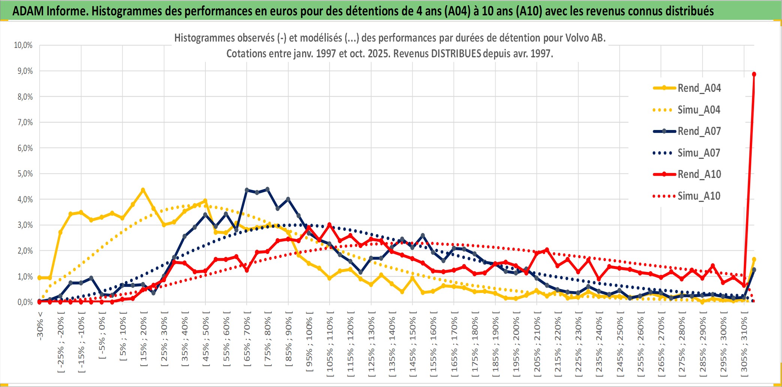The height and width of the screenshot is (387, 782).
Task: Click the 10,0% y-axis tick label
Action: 23,45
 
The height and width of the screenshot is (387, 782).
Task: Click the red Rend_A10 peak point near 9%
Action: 754,74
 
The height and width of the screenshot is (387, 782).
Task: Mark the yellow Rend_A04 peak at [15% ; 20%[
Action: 143,190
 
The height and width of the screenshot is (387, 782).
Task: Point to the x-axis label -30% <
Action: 40,326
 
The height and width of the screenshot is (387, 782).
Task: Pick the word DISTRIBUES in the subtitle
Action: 456,54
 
